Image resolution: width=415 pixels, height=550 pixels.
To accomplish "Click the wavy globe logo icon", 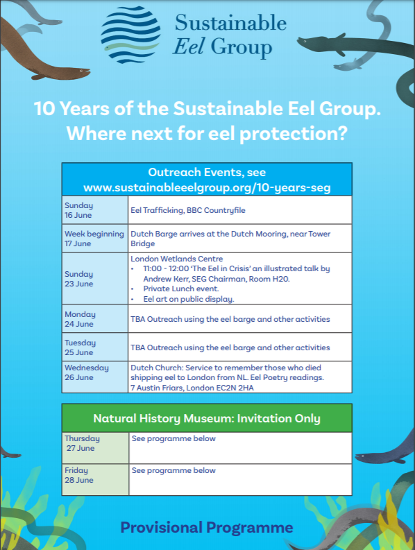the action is pos(130,35).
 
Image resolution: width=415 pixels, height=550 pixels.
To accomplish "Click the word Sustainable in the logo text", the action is pos(230,23).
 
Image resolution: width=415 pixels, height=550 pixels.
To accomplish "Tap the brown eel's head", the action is pos(81,72).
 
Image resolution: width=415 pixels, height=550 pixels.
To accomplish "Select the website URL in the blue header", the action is pos(207,188).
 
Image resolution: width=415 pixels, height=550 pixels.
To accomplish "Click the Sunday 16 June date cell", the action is pos(95,210).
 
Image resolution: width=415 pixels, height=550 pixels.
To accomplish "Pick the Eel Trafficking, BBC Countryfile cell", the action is pos(240,210).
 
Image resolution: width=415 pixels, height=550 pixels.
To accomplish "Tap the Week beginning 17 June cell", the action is pos(95,239).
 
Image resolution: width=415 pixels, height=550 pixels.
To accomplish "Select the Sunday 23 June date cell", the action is pos(95,279).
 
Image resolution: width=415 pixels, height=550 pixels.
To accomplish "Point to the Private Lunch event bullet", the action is pos(181,289).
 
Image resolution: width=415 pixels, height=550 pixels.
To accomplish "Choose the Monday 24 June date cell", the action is pos(95,319).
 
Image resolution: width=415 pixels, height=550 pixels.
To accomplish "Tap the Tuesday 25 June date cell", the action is pos(95,347).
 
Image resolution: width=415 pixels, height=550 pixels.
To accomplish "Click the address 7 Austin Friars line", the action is pos(192,388).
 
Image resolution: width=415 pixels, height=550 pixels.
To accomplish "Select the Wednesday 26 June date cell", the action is pos(95,377).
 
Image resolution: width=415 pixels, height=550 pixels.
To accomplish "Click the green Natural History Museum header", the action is pos(207,418).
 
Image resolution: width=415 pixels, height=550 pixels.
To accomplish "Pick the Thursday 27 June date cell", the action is pos(96,448).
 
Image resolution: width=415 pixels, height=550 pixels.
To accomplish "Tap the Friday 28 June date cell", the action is pos(96,480).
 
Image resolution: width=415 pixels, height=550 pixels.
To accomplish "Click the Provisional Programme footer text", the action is pos(207,528).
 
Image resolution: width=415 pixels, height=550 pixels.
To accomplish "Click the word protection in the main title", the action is pos(294,134).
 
